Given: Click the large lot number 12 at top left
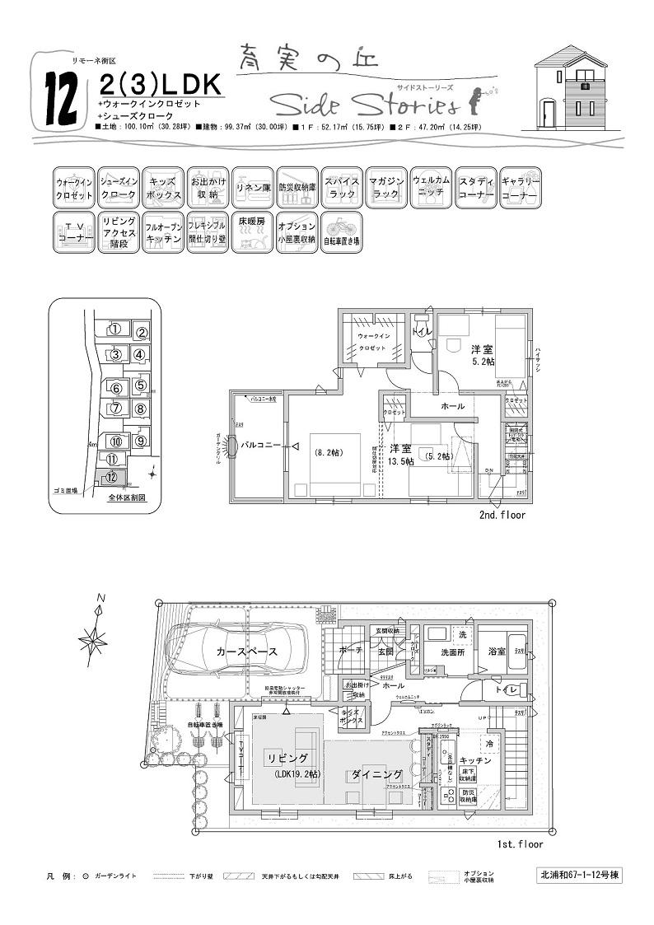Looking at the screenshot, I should (x=62, y=97).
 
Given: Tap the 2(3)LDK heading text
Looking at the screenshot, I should (x=159, y=84).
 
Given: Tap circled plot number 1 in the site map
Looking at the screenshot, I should (x=115, y=329).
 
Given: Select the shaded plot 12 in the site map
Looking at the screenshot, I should (x=110, y=477).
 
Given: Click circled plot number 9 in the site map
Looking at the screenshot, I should (x=141, y=441).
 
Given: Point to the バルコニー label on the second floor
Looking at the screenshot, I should (x=261, y=446).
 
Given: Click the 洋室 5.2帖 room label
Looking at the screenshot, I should (x=482, y=355).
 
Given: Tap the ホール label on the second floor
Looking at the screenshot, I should (x=452, y=406).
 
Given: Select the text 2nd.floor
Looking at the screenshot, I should (x=502, y=515).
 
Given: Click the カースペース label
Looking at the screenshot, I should (x=246, y=651).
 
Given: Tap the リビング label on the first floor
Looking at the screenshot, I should (x=287, y=757).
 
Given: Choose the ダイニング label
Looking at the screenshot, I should (x=376, y=774).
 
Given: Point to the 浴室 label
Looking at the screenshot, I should (x=498, y=651).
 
